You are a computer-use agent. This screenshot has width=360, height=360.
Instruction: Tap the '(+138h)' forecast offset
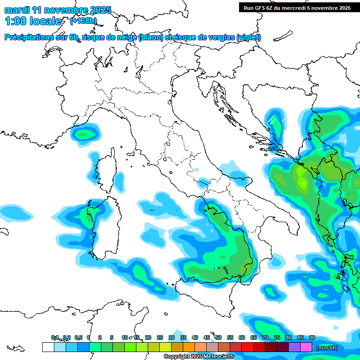[83, 21]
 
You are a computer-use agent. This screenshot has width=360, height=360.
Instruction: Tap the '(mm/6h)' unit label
[327, 348]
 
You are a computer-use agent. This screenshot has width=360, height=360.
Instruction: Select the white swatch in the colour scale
[48, 347]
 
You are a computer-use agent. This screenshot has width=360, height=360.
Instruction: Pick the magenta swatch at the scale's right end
[306, 347]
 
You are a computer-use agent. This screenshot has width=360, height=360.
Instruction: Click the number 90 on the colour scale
[312, 337]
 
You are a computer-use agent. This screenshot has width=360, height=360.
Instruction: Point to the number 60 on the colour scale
[242, 337]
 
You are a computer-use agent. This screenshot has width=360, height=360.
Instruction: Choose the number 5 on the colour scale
[112, 337]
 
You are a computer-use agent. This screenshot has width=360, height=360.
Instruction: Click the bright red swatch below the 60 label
[247, 347]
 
